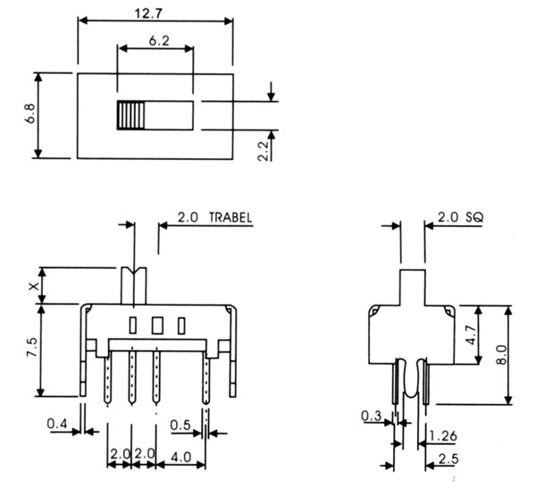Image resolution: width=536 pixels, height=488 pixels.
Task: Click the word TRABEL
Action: click(230, 217)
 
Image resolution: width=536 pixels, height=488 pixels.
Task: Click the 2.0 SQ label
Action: click(459, 217)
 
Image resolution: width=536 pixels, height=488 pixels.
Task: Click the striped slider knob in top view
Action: click(130, 117)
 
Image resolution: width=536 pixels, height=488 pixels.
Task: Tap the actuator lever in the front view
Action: click(132, 284)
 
